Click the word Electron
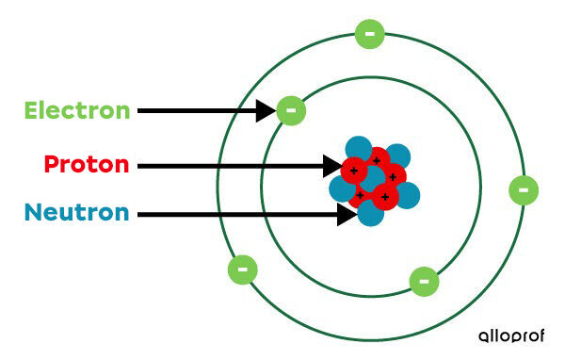(x=77, y=110)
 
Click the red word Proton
(x=86, y=165)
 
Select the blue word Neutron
(x=77, y=212)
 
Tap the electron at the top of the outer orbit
(x=369, y=35)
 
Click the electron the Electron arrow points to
(x=291, y=110)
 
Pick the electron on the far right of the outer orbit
(x=523, y=189)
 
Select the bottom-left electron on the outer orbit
(x=242, y=270)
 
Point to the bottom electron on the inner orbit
(x=424, y=281)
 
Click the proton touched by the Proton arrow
(x=353, y=170)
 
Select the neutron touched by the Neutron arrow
(x=370, y=213)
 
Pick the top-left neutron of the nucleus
(x=358, y=149)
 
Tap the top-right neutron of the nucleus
(x=397, y=155)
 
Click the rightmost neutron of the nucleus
(x=407, y=195)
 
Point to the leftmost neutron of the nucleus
(x=341, y=188)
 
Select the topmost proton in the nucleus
(x=377, y=159)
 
